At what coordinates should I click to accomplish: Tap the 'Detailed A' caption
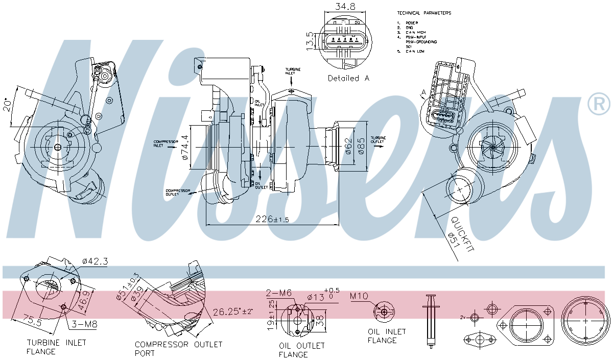pos(348,78)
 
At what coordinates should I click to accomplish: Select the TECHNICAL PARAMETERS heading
pos(423,13)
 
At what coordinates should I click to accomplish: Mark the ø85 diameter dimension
pos(361,146)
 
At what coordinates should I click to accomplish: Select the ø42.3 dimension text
pos(94,261)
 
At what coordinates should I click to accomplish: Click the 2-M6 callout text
pos(278,293)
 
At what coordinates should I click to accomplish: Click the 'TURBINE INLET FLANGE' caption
pos(56,347)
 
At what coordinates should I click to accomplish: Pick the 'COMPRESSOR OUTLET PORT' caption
pos(178,348)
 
